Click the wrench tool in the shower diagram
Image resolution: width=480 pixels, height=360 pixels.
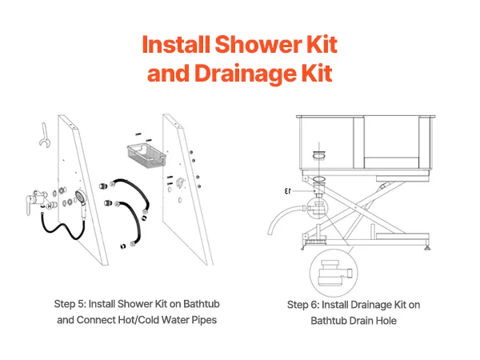coord(44,135)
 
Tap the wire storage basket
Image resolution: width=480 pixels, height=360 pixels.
coord(146,155)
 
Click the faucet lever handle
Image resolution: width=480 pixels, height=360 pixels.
coord(30,205)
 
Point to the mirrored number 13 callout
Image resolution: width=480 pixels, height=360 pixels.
coord(287,191)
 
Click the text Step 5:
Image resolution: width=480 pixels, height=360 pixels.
coord(70,304)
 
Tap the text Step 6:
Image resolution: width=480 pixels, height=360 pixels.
coord(303,305)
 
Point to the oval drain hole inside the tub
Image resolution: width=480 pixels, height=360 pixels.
coord(318,156)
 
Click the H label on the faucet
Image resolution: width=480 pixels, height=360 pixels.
coord(50,206)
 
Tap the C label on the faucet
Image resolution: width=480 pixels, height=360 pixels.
coord(36,193)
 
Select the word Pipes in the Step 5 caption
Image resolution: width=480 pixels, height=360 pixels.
coord(204,320)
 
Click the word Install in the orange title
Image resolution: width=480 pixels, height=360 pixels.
coord(176,45)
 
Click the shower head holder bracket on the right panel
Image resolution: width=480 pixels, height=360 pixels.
coord(180,182)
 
